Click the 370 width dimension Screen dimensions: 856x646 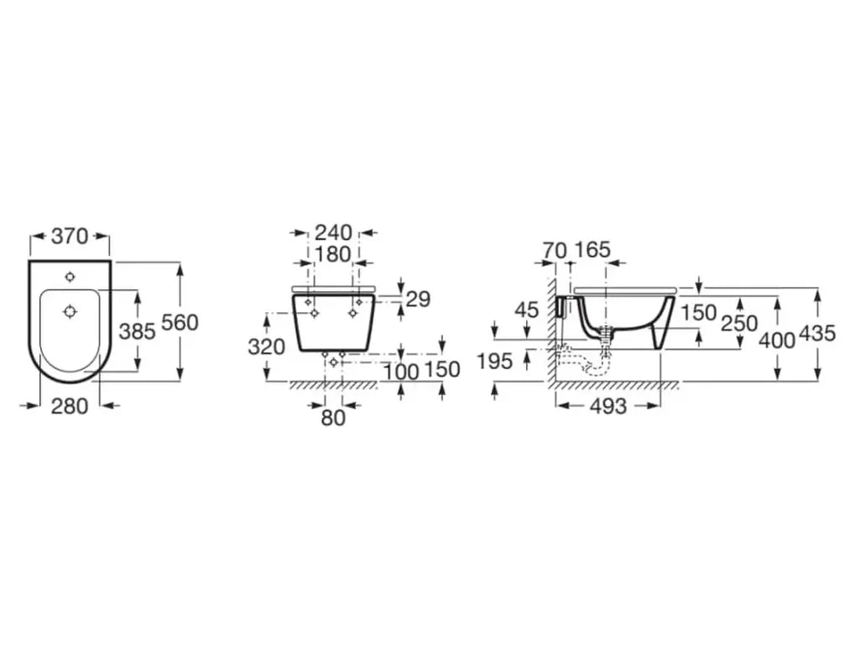pyautogui.click(x=70, y=237)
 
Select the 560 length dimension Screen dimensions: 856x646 pyautogui.click(x=180, y=322)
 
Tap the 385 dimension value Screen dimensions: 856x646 pyautogui.click(x=137, y=331)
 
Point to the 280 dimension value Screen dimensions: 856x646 pyautogui.click(x=70, y=406)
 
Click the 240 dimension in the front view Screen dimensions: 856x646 pyautogui.click(x=333, y=233)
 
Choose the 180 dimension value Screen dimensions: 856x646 pyautogui.click(x=333, y=254)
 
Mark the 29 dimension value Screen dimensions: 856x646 pyautogui.click(x=418, y=299)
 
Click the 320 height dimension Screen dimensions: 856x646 pyautogui.click(x=266, y=346)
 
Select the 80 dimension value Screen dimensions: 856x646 pyautogui.click(x=333, y=418)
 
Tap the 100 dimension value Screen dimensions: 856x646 pyautogui.click(x=400, y=372)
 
